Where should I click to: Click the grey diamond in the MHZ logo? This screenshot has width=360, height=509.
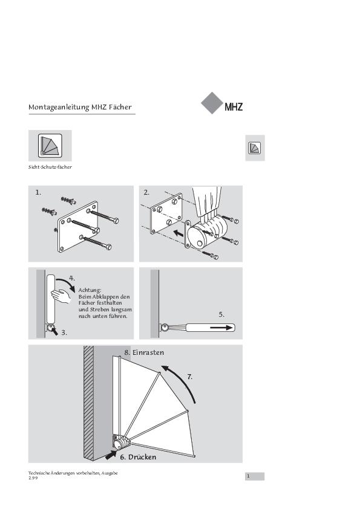tap(212, 103)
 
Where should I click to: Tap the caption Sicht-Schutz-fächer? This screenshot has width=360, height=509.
tap(50, 167)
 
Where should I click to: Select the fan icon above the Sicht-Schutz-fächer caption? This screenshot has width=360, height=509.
tap(50, 146)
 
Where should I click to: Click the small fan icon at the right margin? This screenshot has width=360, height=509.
tap(254, 148)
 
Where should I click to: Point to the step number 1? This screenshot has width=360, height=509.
tap(38, 192)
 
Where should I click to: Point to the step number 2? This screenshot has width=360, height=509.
tap(146, 192)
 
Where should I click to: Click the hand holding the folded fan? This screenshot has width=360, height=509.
tap(61, 296)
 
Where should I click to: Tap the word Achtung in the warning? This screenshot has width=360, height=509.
tap(90, 290)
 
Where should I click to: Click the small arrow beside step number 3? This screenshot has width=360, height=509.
tap(54, 331)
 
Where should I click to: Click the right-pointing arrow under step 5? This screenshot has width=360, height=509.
tap(222, 328)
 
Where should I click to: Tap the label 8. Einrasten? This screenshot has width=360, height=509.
tap(144, 352)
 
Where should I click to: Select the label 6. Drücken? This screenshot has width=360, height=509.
tap(138, 457)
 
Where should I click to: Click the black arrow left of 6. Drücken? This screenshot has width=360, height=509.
tap(111, 455)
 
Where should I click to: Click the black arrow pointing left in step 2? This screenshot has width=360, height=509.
tap(178, 233)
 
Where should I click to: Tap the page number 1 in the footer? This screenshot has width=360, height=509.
tap(248, 476)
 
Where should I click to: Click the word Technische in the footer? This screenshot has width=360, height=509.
tap(39, 473)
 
